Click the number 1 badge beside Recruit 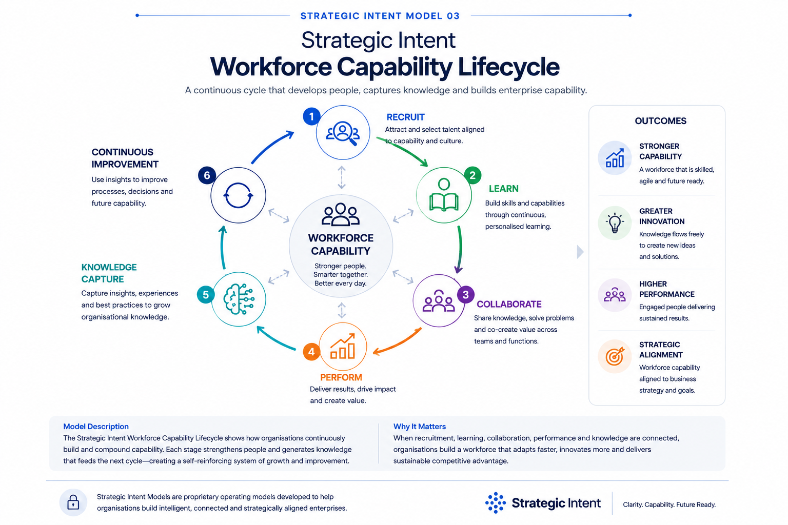pyautogui.click(x=311, y=116)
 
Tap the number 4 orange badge pyautogui.click(x=311, y=352)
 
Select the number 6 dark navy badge pyautogui.click(x=207, y=175)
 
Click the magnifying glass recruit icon pyautogui.click(x=343, y=133)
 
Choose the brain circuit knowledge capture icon pyautogui.click(x=239, y=299)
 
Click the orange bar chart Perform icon pyautogui.click(x=343, y=347)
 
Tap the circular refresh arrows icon pyautogui.click(x=238, y=195)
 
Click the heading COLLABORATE pyautogui.click(x=509, y=304)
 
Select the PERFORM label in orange pyautogui.click(x=341, y=377)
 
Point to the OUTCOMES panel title pyautogui.click(x=660, y=121)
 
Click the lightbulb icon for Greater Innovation pyautogui.click(x=615, y=223)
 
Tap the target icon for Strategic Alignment pyautogui.click(x=615, y=356)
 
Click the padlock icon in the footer pyautogui.click(x=73, y=502)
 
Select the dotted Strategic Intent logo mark pyautogui.click(x=495, y=502)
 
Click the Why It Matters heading pyautogui.click(x=419, y=427)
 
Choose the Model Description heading pyautogui.click(x=96, y=427)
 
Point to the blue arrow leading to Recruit pyautogui.click(x=270, y=145)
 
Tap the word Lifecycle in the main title pyautogui.click(x=509, y=67)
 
